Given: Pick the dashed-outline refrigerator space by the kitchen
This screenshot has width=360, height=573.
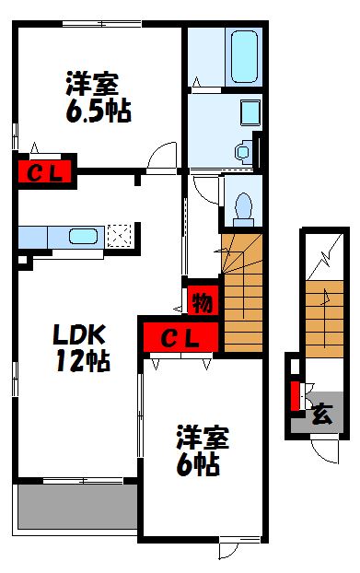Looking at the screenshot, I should tap(119, 236).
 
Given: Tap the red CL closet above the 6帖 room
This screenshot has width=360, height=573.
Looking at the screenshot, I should tap(180, 338).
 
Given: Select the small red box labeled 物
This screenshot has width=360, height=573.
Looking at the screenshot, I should tap(201, 300).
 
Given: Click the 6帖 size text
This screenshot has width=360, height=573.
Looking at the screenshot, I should tap(197, 465).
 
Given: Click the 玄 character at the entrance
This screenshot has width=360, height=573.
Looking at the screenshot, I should tap(322, 414).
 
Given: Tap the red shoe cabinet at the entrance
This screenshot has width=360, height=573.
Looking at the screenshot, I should tap(295, 395).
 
